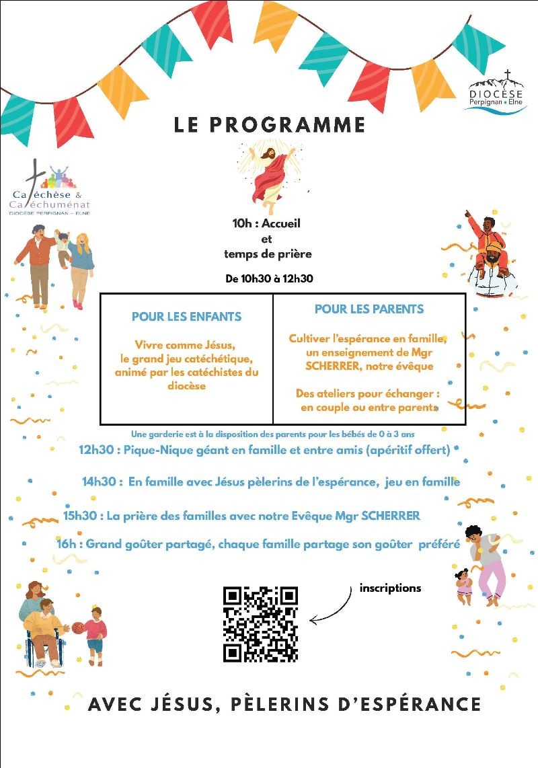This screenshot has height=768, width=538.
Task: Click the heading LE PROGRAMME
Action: coord(270,125)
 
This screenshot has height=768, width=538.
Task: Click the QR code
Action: coord(260,624)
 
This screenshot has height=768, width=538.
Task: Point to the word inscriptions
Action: coord(390,588)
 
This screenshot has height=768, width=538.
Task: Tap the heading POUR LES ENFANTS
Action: coord(186,316)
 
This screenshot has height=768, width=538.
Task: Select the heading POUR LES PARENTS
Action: coord(369,309)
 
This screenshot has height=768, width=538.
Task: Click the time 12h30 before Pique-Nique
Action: coord(95,450)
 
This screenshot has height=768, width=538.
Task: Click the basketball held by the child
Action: coord(77,627)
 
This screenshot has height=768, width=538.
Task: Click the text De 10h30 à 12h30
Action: coord(269,278)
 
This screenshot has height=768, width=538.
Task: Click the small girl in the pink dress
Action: coord(463,585)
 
